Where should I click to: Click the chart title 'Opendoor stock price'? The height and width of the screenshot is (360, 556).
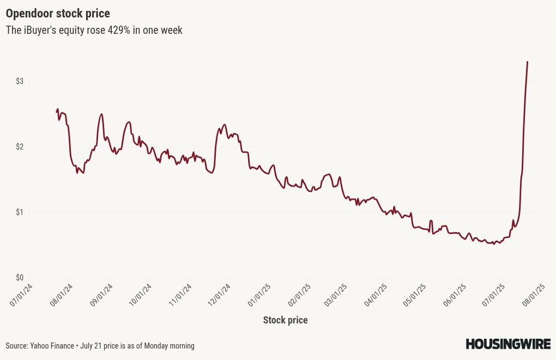click(58, 14)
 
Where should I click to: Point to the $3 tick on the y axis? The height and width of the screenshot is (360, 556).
click(20, 82)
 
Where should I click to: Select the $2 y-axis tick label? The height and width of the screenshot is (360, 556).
click(20, 147)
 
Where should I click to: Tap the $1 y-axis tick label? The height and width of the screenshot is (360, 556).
click(20, 212)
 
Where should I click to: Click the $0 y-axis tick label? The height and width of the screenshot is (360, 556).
click(20, 278)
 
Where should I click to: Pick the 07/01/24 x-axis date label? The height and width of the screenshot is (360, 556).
click(21, 295)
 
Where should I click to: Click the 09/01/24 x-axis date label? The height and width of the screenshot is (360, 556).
click(101, 295)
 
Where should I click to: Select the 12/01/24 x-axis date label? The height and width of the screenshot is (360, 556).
click(219, 295)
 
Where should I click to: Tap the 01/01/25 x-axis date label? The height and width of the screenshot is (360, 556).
click(259, 295)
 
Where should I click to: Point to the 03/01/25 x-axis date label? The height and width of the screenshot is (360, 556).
click(335, 295)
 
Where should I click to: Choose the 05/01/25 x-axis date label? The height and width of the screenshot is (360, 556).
click(414, 295)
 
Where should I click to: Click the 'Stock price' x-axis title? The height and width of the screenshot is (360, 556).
click(286, 320)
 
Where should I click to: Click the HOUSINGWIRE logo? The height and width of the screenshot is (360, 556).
click(508, 344)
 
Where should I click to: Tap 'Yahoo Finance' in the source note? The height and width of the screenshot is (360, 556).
click(52, 346)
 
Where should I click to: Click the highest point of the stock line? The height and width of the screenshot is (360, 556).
click(527, 62)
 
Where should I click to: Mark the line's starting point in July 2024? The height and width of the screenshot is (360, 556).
click(57, 111)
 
